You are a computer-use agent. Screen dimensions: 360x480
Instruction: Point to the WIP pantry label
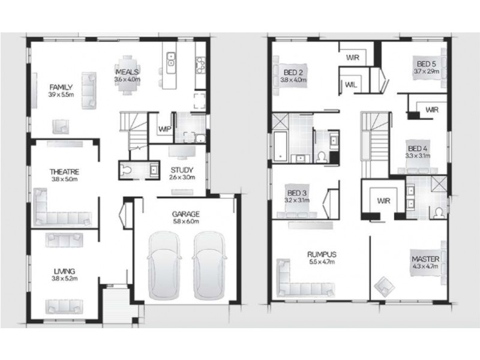tap(163, 129)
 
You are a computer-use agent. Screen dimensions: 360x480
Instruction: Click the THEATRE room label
tap(64, 171)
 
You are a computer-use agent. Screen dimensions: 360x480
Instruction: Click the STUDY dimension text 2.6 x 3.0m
tap(181, 177)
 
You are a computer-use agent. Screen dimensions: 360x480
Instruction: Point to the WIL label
tap(351, 85)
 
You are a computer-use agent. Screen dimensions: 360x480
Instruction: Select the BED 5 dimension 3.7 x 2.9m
tap(427, 71)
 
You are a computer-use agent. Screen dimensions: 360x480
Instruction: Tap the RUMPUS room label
tap(321, 254)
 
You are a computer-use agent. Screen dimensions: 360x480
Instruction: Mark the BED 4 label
tap(418, 148)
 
